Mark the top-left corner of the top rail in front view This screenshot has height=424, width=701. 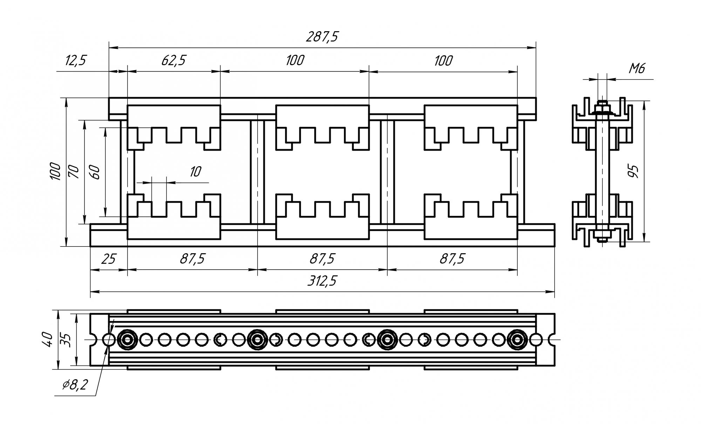109,98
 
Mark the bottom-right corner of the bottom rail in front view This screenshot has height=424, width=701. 554,247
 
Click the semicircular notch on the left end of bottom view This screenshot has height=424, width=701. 94,339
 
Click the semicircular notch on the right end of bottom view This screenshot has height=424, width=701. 551,339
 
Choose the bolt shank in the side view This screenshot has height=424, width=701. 602,172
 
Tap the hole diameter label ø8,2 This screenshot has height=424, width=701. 75,385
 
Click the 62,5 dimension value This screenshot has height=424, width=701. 173,60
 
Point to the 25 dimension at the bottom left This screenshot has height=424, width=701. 109,259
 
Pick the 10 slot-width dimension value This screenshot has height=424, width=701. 195,172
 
